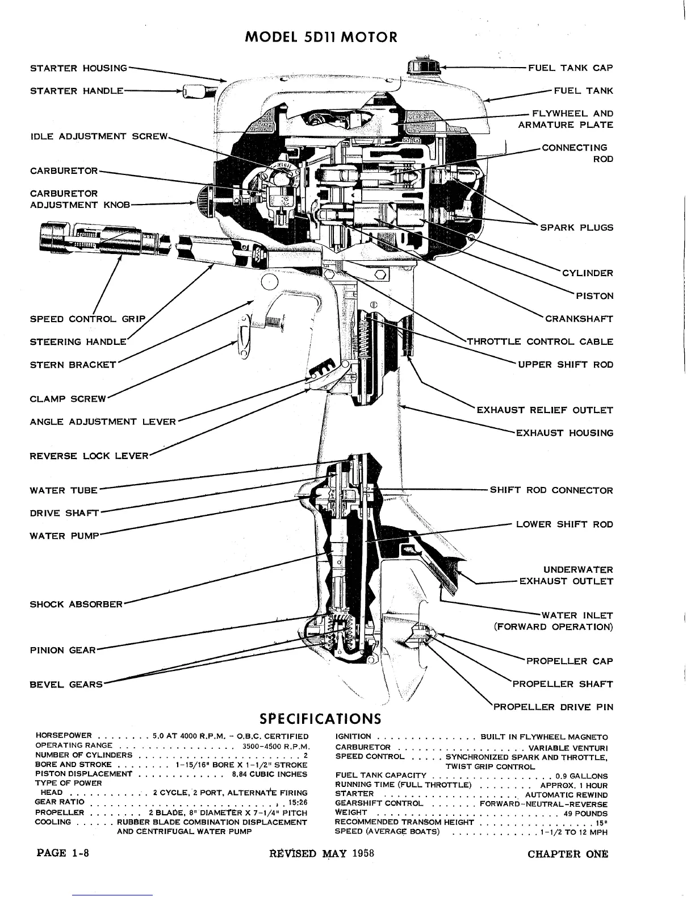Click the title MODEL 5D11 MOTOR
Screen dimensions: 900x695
[321, 37]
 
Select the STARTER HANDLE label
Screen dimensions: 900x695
[76, 91]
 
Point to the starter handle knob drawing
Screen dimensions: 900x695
[193, 91]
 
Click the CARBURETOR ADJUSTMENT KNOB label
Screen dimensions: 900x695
[79, 199]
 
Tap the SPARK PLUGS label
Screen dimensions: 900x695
[576, 228]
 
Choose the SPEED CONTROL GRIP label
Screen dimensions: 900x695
[87, 319]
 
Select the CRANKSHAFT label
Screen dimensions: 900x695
[579, 319]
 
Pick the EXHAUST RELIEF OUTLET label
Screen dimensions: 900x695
[545, 410]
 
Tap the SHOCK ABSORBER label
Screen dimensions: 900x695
[76, 604]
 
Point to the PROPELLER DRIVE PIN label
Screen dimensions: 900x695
[553, 707]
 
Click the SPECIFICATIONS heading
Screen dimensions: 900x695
[320, 718]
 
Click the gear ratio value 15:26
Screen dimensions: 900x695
[298, 803]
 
